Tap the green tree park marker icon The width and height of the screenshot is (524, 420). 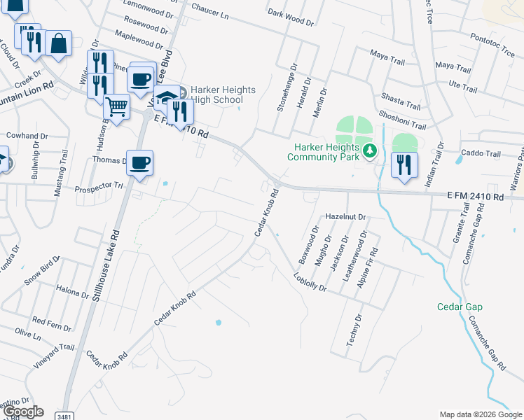[370, 149]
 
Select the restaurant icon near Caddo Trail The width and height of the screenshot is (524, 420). [404, 164]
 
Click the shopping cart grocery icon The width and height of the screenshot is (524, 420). [116, 107]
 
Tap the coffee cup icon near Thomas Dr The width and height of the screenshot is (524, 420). [139, 162]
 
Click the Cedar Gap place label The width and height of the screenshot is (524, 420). [460, 307]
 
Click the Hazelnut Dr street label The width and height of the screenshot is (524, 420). [346, 217]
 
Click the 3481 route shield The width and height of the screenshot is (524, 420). [64, 416]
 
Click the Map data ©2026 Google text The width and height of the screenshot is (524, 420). [480, 414]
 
